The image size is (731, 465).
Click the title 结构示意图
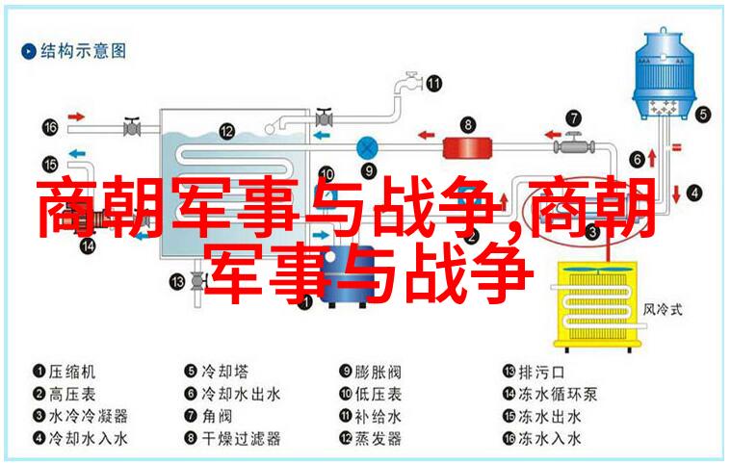(83, 51)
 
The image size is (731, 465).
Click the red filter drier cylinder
(467, 148)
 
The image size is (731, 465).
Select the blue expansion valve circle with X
(367, 148)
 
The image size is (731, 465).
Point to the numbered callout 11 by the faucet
(433, 84)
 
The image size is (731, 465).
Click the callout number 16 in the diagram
(50, 127)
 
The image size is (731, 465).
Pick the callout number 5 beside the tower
(703, 115)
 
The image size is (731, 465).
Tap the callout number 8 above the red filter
(468, 125)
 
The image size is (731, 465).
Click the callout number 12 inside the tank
(227, 131)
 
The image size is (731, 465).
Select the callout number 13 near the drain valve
(177, 281)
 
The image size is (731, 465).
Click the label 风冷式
(663, 309)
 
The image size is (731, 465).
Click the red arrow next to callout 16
(76, 116)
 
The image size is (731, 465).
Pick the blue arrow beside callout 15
(77, 153)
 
